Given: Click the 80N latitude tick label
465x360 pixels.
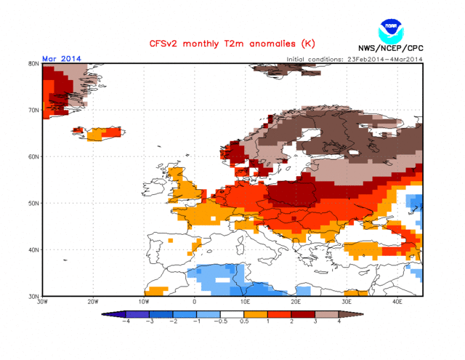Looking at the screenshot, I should tap(33, 63).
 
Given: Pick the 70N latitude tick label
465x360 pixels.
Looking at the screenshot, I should tap(33, 110).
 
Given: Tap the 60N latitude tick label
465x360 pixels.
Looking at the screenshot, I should tap(33, 156).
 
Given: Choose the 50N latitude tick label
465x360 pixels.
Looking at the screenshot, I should tap(33, 203).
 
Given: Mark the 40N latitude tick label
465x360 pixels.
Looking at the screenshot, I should tap(33, 249).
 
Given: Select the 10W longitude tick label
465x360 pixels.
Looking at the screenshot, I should tap(144, 301).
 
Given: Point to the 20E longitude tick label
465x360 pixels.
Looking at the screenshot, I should tap(296, 301).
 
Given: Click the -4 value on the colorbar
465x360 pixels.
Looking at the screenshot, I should tap(126, 321).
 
